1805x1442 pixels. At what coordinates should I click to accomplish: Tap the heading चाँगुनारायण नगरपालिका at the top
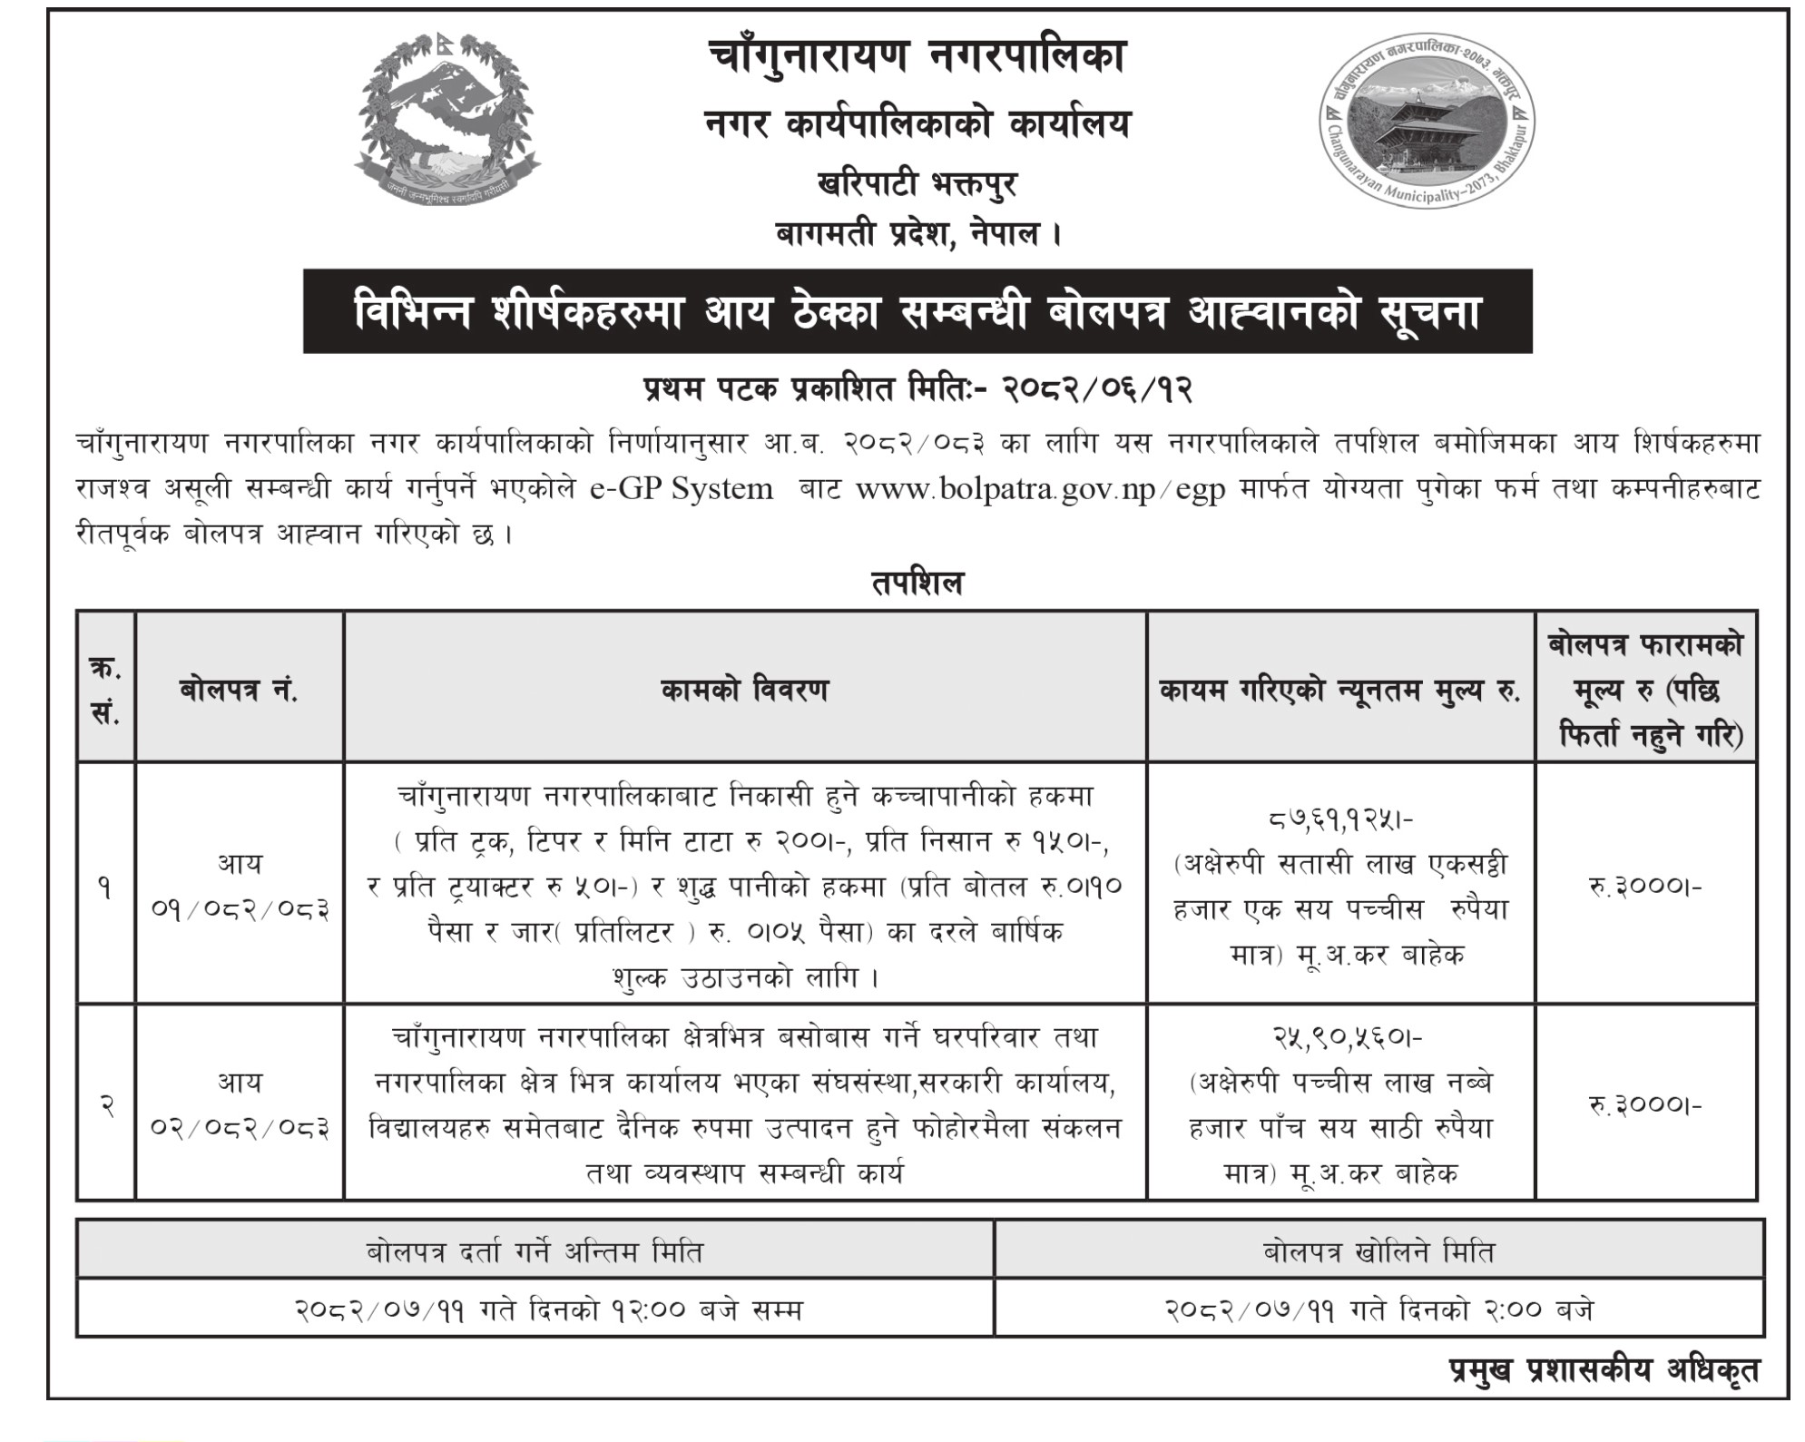tap(917, 57)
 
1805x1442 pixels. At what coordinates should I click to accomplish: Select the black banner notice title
tap(917, 311)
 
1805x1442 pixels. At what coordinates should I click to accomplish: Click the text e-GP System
tap(681, 490)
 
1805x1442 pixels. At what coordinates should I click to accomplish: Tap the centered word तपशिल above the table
tap(917, 583)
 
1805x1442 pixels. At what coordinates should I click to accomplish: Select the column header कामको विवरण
tap(744, 691)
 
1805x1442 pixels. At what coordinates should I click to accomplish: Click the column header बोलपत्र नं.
tap(239, 691)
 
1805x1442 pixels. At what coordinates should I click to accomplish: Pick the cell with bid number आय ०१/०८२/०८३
tap(239, 885)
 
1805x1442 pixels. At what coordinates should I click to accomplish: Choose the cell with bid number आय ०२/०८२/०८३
tap(239, 1104)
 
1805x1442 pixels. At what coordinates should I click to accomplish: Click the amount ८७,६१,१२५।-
tap(1340, 819)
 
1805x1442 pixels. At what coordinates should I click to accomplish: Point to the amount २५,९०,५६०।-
tap(1340, 1036)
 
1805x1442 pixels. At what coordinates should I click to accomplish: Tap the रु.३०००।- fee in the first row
tap(1644, 885)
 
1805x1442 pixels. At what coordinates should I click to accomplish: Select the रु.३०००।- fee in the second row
tap(1644, 1104)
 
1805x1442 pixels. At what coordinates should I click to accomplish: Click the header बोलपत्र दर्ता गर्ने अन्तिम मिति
tap(535, 1252)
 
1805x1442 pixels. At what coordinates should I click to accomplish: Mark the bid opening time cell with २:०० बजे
tap(1378, 1310)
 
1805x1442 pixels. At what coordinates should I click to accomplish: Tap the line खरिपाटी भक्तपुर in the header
tap(917, 185)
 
